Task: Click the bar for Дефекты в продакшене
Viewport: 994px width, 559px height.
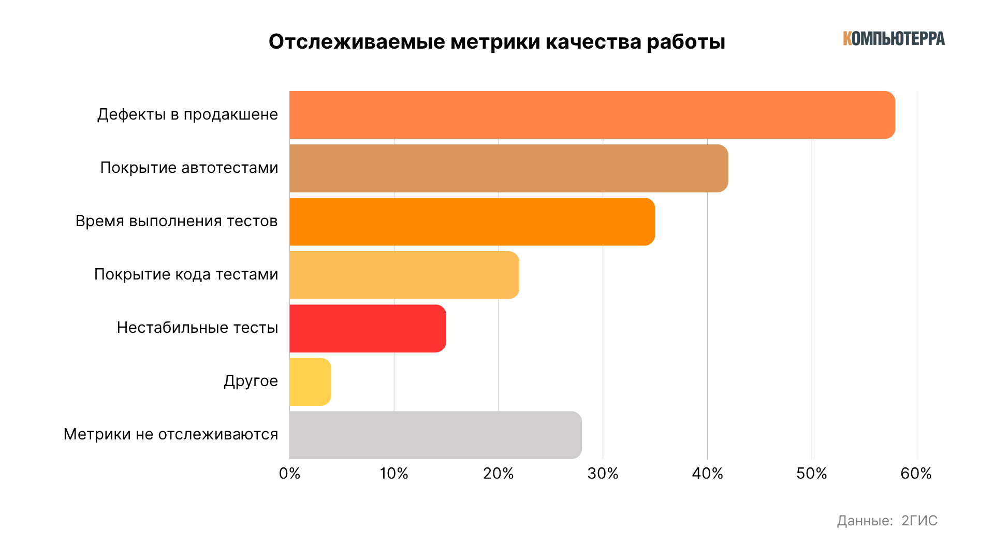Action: click(592, 115)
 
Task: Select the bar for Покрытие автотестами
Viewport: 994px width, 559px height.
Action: click(508, 168)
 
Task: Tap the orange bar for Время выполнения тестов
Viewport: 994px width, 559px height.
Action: click(472, 222)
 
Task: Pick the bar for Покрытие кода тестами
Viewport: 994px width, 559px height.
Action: click(404, 275)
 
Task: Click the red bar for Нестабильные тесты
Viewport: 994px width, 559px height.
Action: click(368, 328)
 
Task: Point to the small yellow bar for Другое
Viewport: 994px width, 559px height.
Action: click(310, 381)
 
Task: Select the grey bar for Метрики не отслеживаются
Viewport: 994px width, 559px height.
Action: click(435, 435)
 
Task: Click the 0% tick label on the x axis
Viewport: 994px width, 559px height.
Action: click(289, 474)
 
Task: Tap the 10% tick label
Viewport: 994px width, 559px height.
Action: click(394, 474)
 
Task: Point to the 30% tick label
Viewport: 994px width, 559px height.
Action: click(603, 474)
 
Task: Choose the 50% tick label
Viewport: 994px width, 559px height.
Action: click(811, 474)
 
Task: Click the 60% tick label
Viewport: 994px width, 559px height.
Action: click(916, 474)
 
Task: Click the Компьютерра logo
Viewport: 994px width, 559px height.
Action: click(894, 38)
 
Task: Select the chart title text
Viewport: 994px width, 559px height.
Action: click(496, 42)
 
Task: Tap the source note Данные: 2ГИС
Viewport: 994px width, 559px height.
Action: click(887, 521)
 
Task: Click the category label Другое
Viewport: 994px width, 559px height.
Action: click(251, 381)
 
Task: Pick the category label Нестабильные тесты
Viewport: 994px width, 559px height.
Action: click(197, 328)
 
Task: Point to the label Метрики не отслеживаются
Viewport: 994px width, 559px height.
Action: click(170, 434)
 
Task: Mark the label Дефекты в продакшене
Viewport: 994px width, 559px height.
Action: click(187, 114)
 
